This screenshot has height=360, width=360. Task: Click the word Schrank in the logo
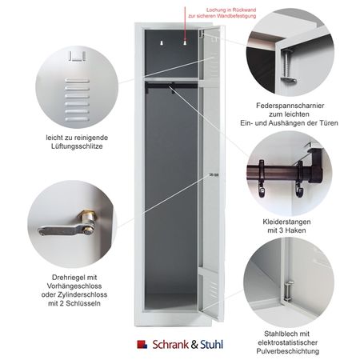pos(171,345)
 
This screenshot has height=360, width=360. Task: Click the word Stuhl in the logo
pos(211,345)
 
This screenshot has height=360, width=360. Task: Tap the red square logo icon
pos(142,344)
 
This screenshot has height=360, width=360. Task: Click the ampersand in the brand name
pos(194,345)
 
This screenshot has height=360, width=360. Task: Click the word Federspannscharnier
pos(290,106)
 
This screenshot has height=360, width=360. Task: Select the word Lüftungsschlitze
pos(77,146)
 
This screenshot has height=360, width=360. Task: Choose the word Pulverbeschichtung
pos(288,351)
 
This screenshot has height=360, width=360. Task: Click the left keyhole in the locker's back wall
pos(162,42)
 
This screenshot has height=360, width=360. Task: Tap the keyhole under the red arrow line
pos(185,42)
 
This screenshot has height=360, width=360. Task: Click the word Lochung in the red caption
pos(216,10)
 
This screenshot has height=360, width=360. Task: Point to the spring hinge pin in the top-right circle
pos(287,66)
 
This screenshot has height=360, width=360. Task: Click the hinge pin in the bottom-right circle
pos(288,291)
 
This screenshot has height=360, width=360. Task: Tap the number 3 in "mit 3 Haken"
pos(281,230)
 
